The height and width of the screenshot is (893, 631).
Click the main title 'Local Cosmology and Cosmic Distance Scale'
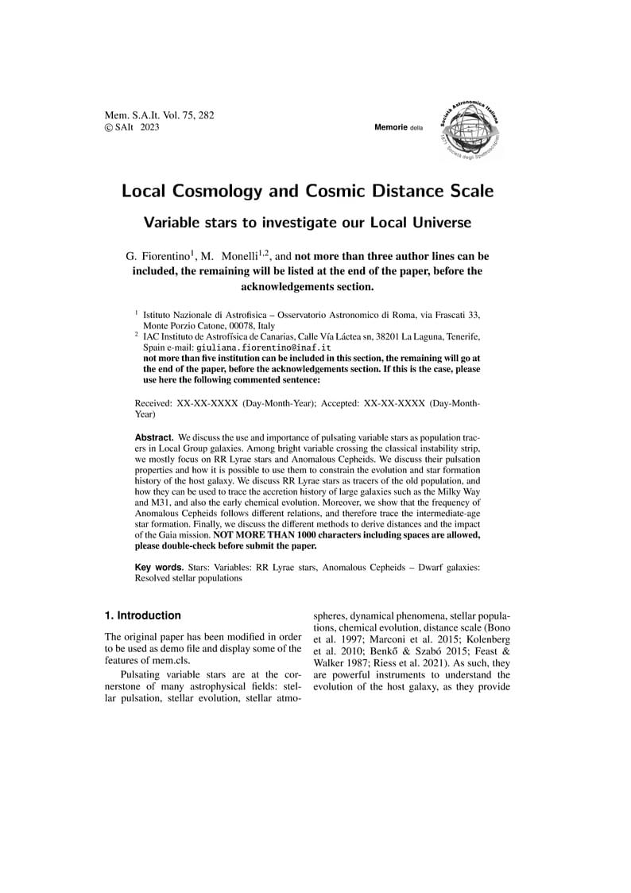(308, 192)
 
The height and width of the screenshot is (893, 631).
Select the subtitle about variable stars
(308, 223)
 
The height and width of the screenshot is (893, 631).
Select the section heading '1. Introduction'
(143, 615)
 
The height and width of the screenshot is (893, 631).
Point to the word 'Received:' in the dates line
(154, 404)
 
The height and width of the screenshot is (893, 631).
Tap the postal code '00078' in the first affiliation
(241, 326)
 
